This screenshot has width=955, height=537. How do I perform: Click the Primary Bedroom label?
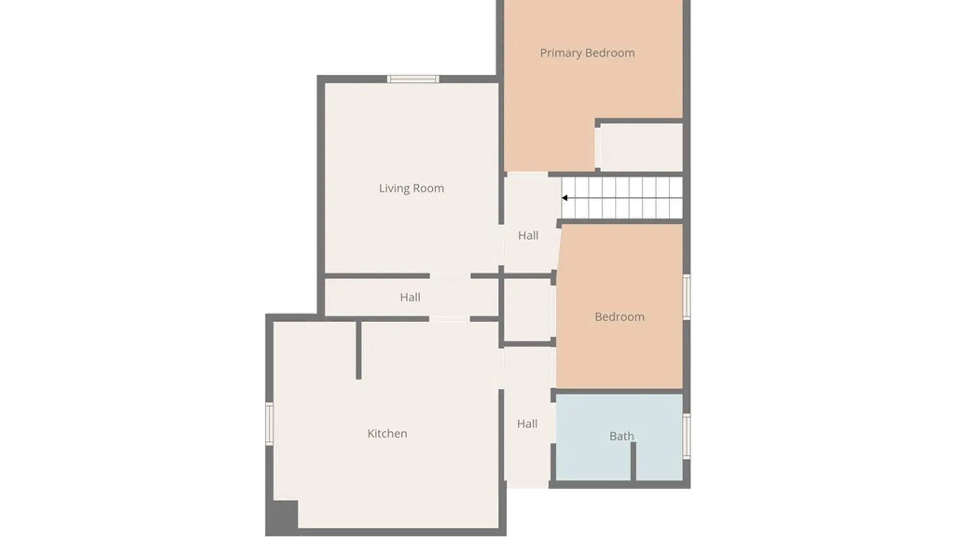(x=587, y=53)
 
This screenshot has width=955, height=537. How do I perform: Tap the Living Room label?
(x=411, y=188)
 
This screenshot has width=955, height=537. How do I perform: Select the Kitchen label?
(x=387, y=434)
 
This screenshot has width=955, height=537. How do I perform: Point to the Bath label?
(x=622, y=436)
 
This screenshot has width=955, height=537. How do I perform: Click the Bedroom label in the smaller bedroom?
(x=620, y=317)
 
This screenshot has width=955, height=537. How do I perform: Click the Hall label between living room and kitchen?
(x=410, y=297)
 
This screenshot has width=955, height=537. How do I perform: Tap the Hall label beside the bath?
(x=527, y=424)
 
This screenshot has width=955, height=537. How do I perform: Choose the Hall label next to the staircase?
(x=528, y=235)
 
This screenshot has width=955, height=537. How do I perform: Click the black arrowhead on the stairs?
(x=565, y=198)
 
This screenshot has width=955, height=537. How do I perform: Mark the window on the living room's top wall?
(x=413, y=79)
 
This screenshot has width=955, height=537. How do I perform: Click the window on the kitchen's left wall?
(x=269, y=424)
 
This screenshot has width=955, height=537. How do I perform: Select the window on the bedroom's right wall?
(x=686, y=297)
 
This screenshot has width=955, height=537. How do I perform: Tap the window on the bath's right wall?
(x=686, y=436)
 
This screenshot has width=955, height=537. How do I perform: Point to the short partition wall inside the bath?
(x=633, y=461)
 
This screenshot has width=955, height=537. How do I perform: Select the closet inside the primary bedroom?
(x=641, y=147)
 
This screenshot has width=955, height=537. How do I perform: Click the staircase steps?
(x=622, y=198)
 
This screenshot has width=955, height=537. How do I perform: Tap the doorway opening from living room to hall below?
(x=450, y=275)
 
